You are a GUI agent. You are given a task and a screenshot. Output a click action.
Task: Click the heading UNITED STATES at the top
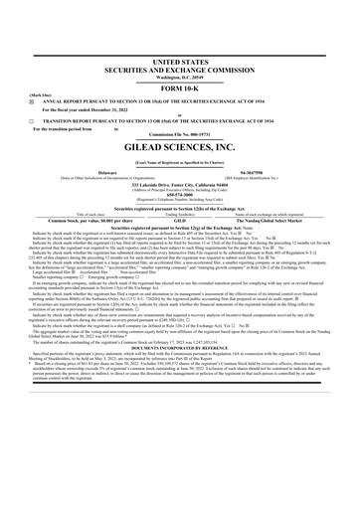click(x=179, y=62)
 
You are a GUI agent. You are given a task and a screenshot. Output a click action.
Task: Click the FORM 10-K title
click(x=179, y=88)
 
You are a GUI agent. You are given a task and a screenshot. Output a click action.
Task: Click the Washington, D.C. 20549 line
click(x=179, y=78)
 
